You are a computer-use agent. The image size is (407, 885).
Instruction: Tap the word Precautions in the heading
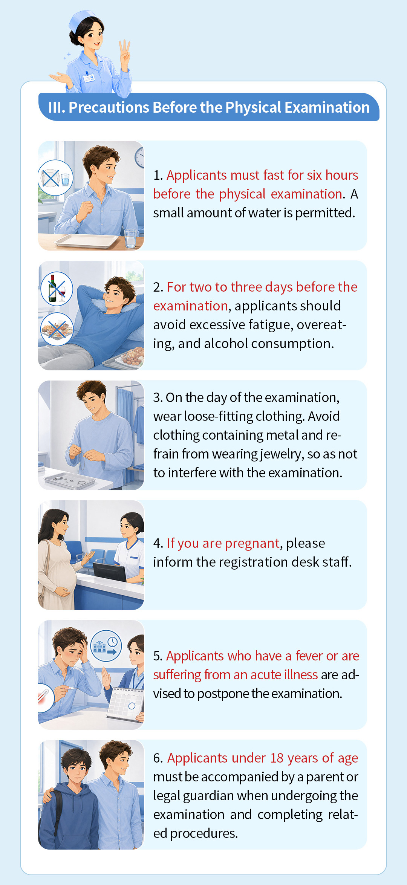(109, 108)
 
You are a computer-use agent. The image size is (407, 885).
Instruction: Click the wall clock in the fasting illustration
(140, 157)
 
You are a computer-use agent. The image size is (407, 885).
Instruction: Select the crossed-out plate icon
(55, 178)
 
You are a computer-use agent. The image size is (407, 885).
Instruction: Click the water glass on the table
(130, 238)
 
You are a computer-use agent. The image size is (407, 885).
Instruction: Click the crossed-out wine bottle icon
(57, 289)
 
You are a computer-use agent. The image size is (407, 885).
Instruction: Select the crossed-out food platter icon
(57, 329)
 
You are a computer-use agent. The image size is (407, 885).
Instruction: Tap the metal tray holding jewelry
(70, 480)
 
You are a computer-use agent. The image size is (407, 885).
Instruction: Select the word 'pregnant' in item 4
(252, 543)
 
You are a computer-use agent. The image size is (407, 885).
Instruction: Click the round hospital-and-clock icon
(106, 646)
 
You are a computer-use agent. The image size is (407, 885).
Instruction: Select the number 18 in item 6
(277, 758)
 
